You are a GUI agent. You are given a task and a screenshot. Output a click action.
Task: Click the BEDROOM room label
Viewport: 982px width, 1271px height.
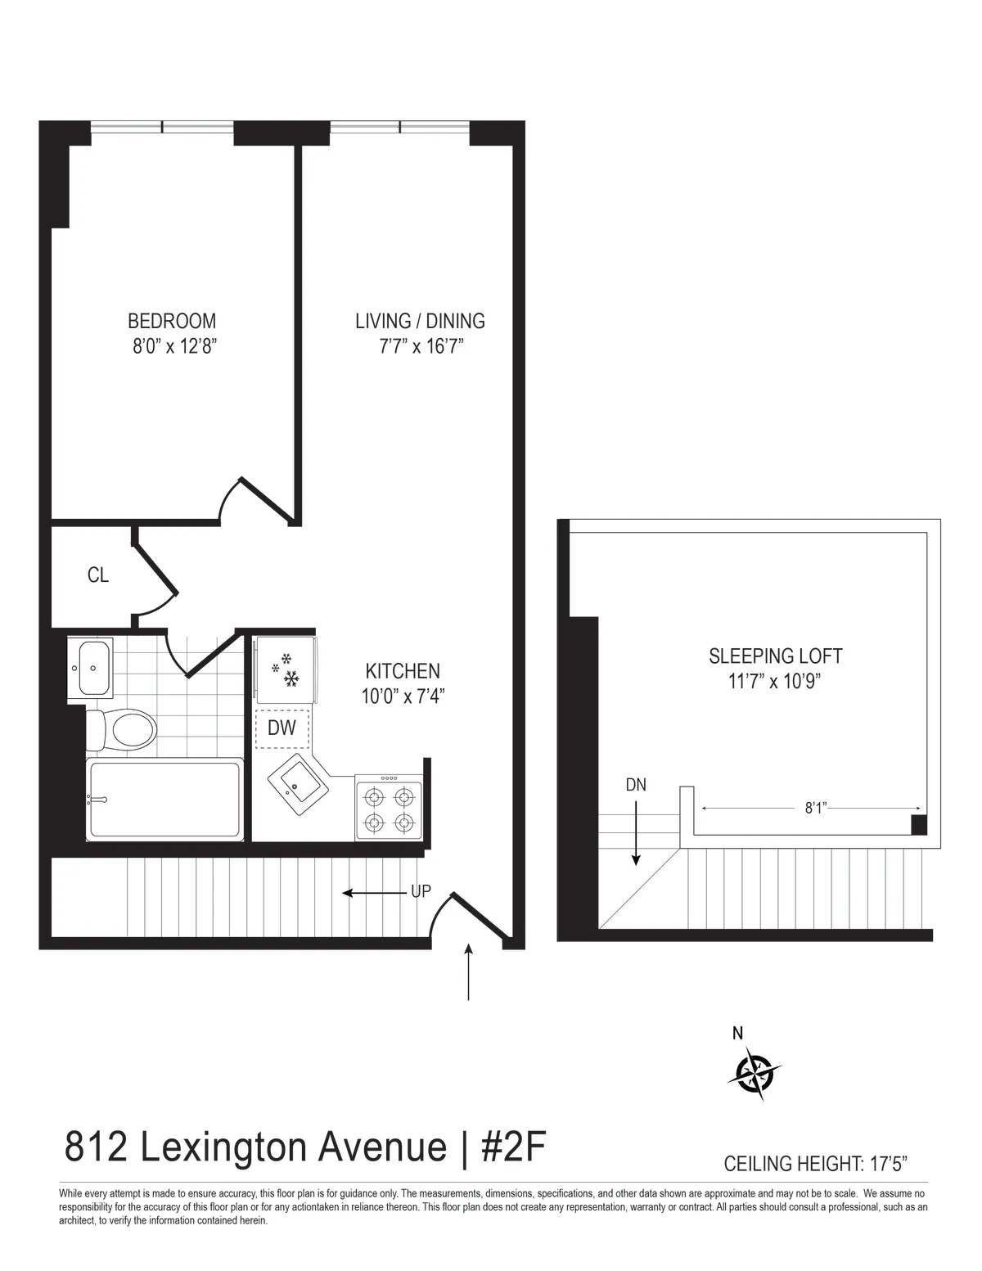point(172,321)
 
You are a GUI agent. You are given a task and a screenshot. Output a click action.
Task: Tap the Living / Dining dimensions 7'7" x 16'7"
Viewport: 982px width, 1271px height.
point(421,346)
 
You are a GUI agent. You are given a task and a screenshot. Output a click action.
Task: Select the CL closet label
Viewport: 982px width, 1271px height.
point(98,575)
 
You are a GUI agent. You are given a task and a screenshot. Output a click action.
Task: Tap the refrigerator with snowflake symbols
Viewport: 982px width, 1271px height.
point(285,668)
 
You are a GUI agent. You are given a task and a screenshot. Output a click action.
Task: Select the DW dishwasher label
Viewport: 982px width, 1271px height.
point(282,728)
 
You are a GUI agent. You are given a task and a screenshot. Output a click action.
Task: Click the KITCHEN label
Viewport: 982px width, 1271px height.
point(403,671)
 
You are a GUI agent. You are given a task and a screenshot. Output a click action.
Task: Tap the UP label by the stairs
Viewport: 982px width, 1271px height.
point(421,892)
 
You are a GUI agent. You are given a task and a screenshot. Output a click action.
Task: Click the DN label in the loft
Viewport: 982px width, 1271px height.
point(636,785)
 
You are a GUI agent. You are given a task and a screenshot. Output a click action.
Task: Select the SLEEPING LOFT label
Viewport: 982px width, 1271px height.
point(775,656)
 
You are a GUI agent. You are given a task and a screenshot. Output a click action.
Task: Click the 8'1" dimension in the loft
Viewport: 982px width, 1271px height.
point(816,809)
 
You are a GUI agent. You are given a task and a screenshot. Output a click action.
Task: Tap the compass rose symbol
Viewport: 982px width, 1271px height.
point(754,1072)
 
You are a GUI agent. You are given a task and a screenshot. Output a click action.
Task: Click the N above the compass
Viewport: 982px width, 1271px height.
point(737,1034)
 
